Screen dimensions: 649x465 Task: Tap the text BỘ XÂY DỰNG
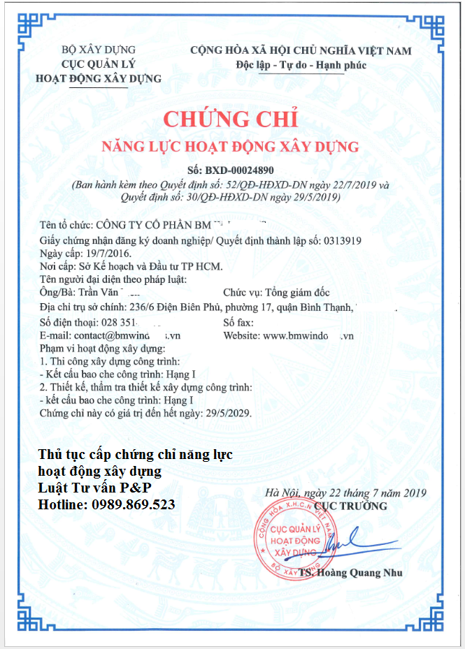pos(99,50)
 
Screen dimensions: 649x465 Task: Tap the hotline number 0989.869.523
pos(133,504)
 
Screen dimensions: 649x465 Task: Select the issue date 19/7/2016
pos(107,253)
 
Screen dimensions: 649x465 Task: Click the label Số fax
pos(238,323)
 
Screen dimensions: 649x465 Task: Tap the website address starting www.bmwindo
pos(308,335)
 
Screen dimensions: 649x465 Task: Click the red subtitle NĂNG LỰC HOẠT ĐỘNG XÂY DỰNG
pos(230,147)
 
